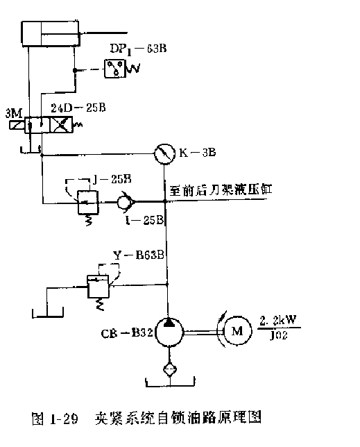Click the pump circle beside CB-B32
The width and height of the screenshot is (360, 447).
click(167, 333)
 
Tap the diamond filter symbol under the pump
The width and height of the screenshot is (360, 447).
click(167, 369)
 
